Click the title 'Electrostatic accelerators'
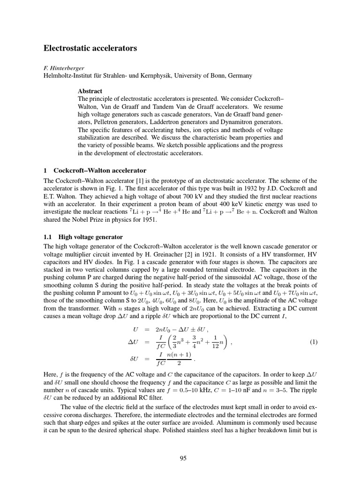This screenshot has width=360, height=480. (x=90, y=48)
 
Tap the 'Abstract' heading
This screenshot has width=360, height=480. (x=90, y=91)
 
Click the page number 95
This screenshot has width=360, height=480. (x=183, y=458)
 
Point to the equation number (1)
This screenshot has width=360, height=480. (x=314, y=342)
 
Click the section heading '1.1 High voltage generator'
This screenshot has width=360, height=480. (x=83, y=237)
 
